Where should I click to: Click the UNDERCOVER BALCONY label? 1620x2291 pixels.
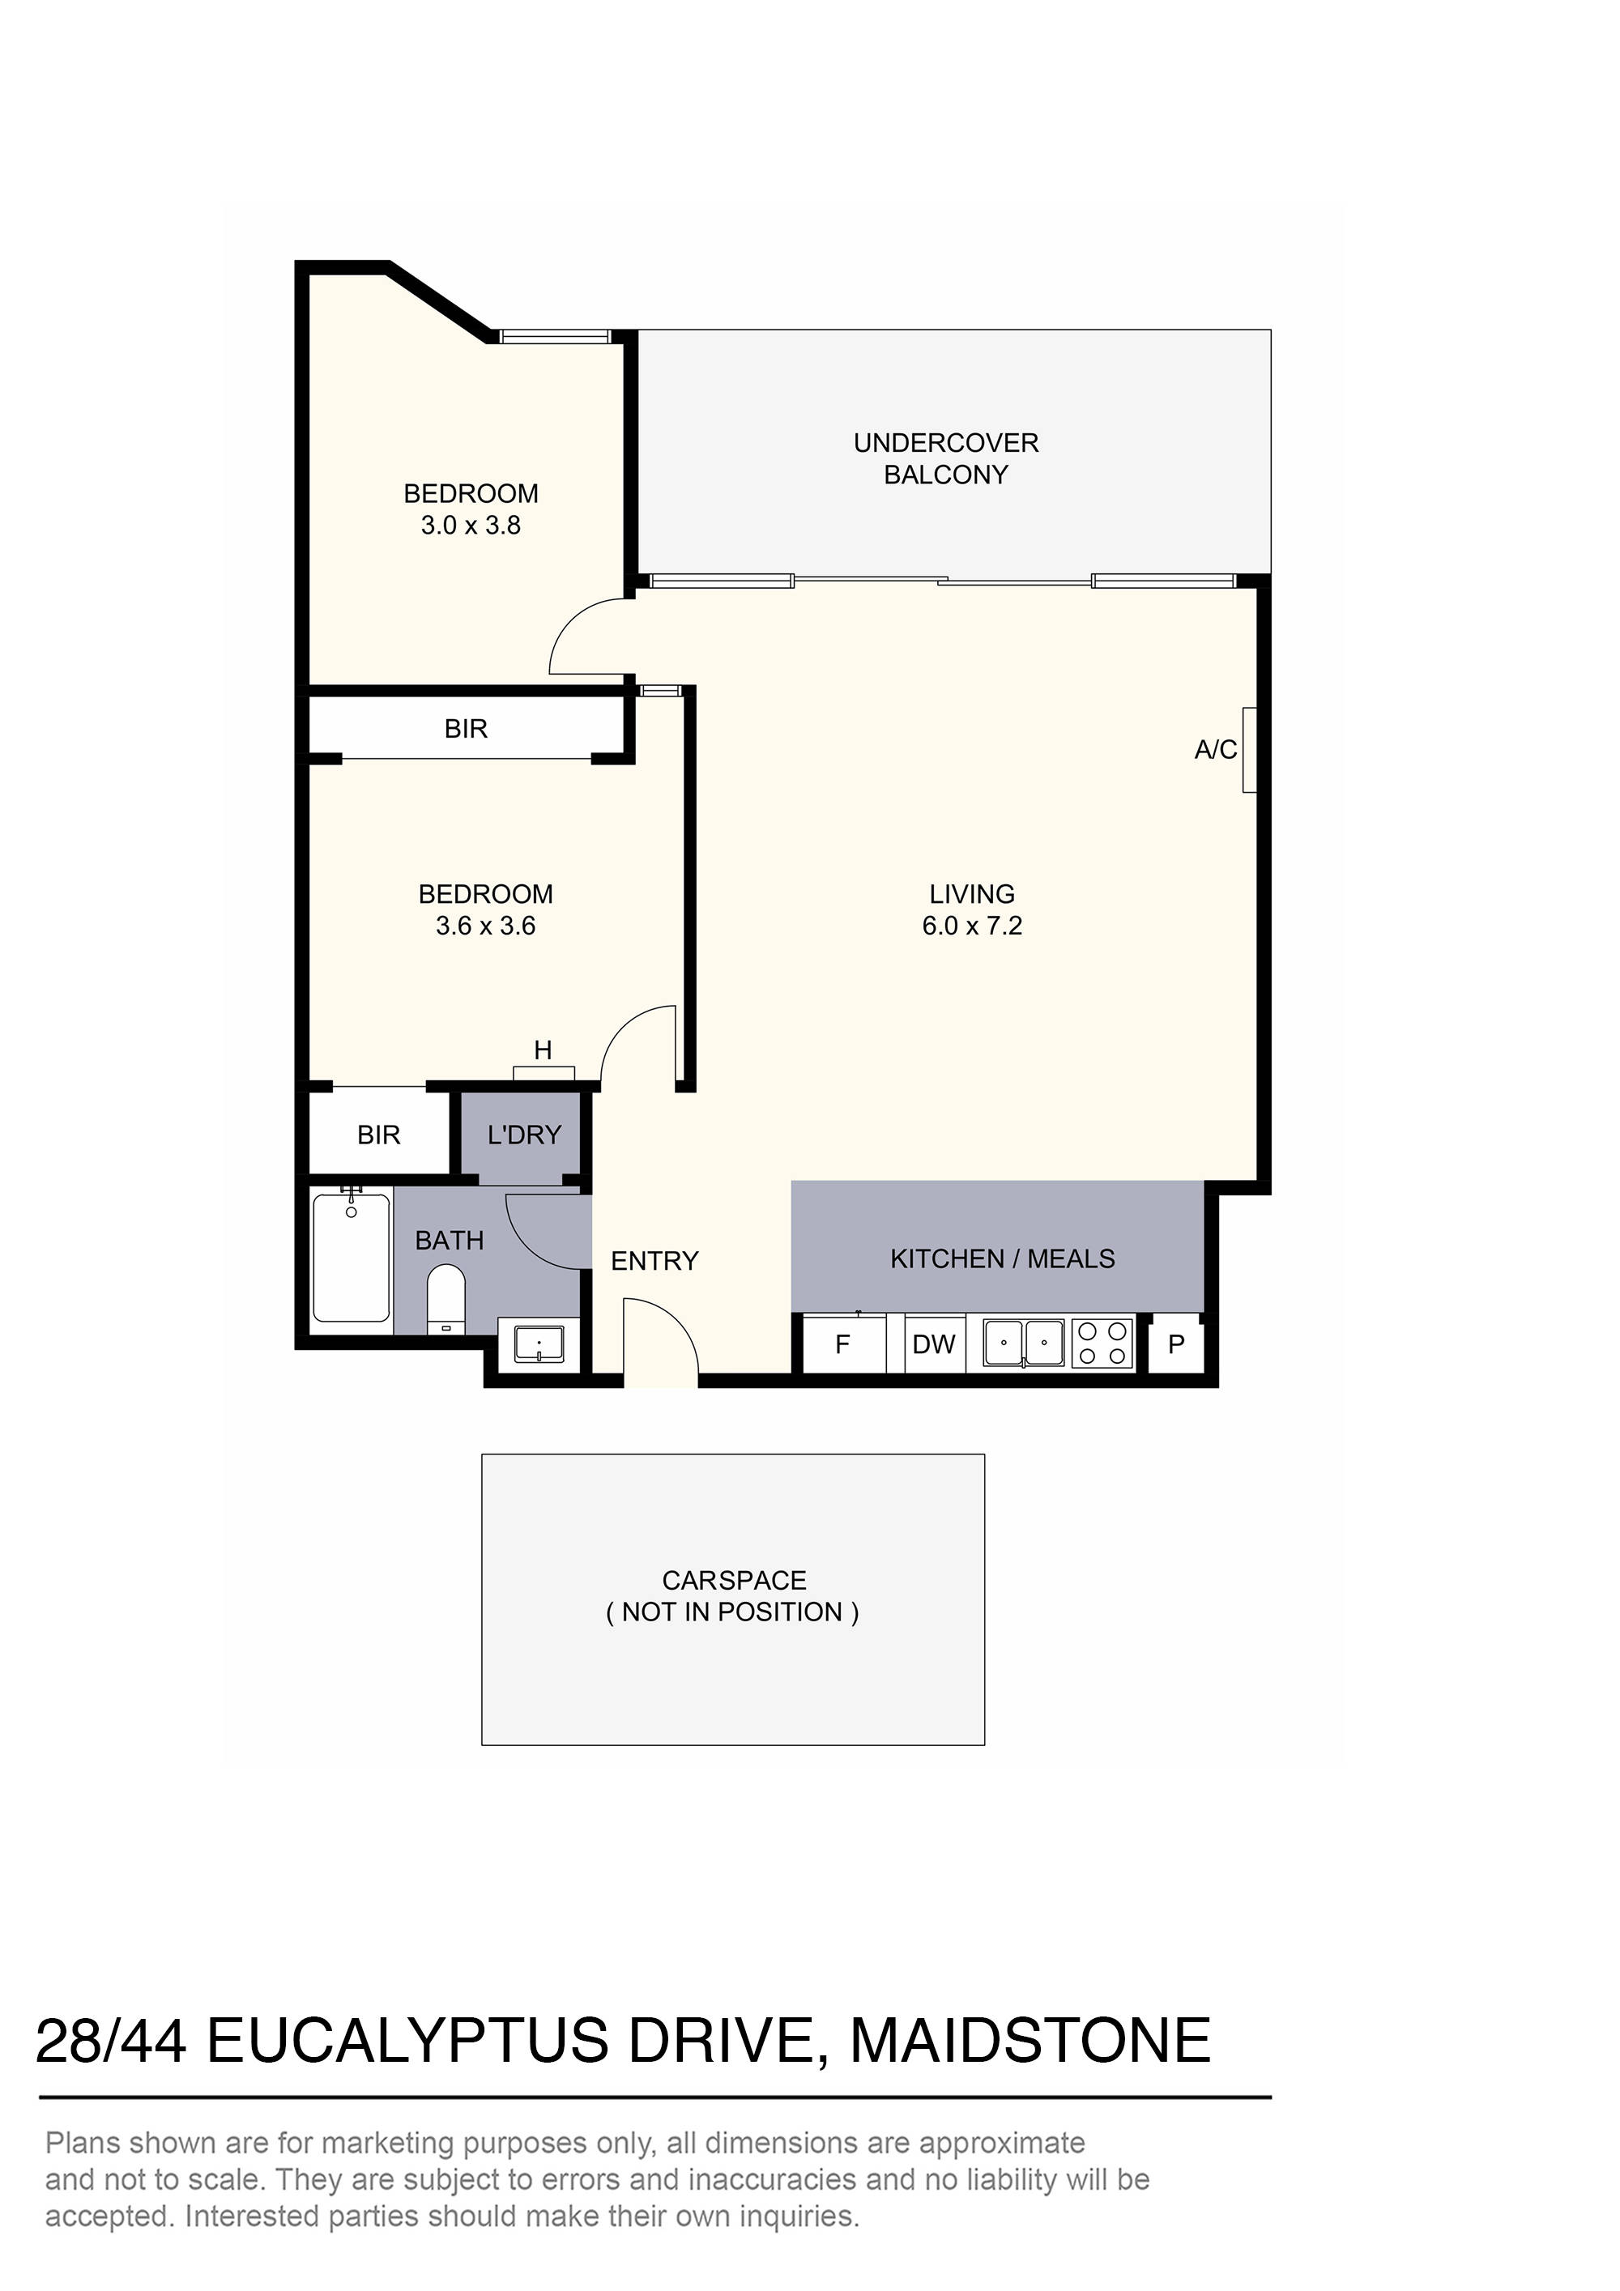[945, 458]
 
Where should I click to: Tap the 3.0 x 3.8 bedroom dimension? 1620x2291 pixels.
[470, 525]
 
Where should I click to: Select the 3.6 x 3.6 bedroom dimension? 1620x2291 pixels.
[485, 925]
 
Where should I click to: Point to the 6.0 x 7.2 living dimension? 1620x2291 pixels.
[971, 925]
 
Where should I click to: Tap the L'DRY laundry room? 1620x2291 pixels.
[523, 1135]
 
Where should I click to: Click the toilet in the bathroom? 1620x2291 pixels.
[446, 1298]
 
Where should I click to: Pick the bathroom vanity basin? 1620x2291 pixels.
[538, 1343]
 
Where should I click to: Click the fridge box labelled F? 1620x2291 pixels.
[842, 1344]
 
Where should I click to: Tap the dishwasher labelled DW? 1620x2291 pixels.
[934, 1344]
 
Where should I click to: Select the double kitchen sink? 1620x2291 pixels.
[1023, 1342]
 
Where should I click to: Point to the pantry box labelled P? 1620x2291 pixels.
[1176, 1344]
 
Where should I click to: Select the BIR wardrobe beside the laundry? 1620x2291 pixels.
[378, 1135]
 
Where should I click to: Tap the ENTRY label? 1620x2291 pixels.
[654, 1260]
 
